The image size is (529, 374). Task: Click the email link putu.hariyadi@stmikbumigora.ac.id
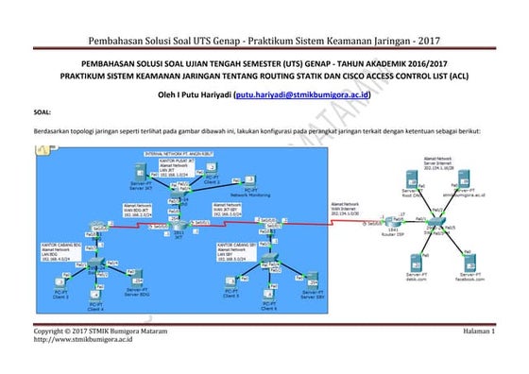tap(301, 95)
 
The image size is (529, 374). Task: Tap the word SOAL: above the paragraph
tap(42, 112)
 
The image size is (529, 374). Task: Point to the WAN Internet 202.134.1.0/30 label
tap(345, 209)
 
